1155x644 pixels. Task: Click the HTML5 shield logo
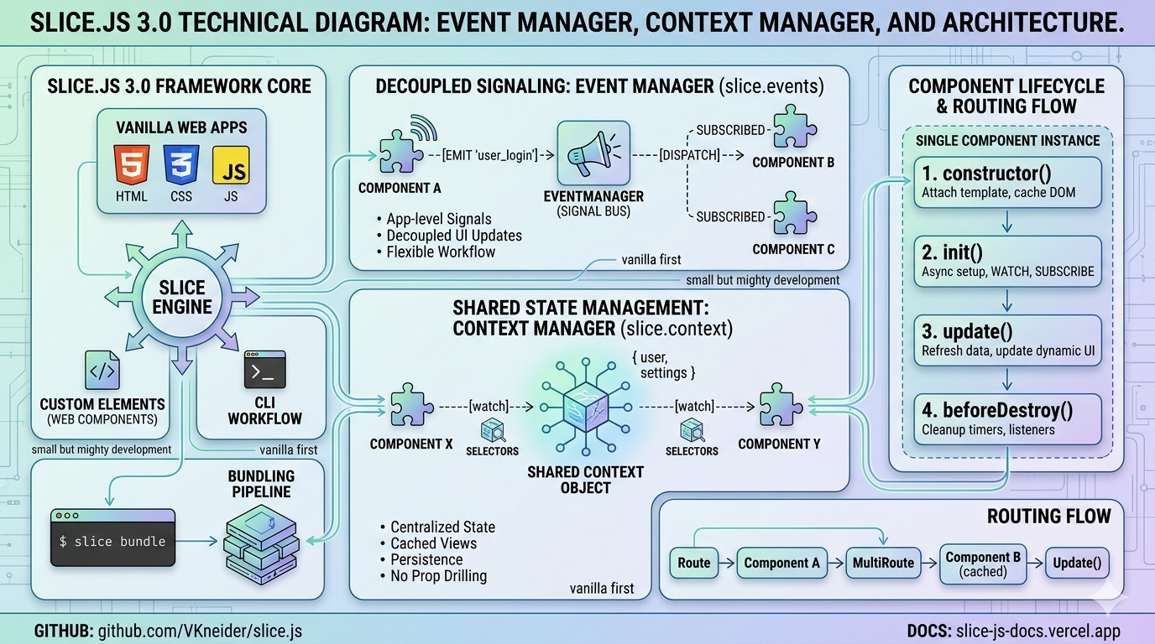132,164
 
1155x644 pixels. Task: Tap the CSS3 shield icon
181,164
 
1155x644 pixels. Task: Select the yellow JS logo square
231,165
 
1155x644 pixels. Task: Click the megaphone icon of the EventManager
593,153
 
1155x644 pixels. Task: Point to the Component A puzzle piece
400,152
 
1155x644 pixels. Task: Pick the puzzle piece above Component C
795,213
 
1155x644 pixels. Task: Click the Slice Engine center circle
182,298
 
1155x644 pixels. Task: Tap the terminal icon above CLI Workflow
264,370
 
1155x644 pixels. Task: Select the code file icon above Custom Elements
102,370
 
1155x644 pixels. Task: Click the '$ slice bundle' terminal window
113,538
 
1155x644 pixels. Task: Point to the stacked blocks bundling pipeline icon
261,545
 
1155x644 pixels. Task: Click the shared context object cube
586,407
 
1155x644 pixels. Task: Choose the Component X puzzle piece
411,405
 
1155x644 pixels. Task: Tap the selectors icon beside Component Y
692,431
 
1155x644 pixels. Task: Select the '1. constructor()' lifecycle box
1007,182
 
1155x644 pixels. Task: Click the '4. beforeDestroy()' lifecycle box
1007,419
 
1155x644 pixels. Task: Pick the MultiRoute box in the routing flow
883,563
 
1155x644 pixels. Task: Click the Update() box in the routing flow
1077,563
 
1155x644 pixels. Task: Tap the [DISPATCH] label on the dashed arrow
689,155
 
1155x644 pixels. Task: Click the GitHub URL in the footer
200,631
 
